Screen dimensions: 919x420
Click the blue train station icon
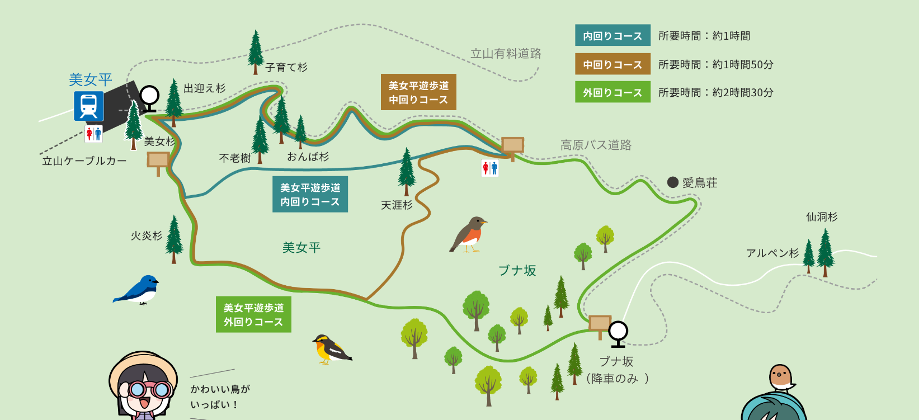89,106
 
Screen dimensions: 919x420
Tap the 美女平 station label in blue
91,80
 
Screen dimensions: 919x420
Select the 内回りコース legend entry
612,35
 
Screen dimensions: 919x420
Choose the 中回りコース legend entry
612,64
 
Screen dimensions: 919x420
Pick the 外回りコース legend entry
612,92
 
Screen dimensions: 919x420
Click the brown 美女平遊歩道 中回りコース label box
418,92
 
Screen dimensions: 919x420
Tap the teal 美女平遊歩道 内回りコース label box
310,195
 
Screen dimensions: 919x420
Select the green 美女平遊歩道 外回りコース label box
253,315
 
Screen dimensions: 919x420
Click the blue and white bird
138,290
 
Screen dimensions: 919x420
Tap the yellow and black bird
330,348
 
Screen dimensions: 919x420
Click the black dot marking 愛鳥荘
673,182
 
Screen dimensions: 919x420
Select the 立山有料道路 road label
506,54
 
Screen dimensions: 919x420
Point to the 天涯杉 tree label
397,205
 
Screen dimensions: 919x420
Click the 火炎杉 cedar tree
174,238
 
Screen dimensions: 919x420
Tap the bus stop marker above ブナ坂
618,333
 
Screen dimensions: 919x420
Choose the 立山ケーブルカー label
84,161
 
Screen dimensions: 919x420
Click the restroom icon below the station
93,134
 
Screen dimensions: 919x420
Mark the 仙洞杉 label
822,217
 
